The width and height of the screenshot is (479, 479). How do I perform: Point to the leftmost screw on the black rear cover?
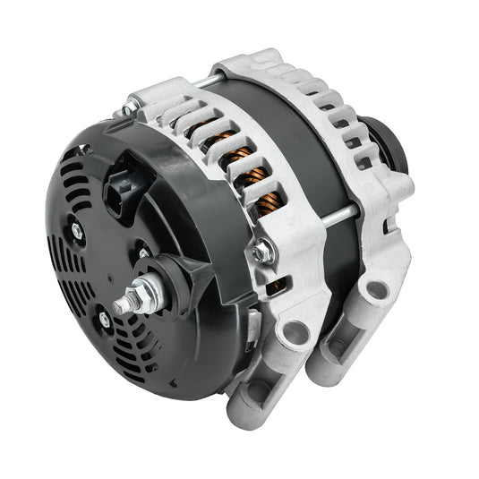coord(77,231)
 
